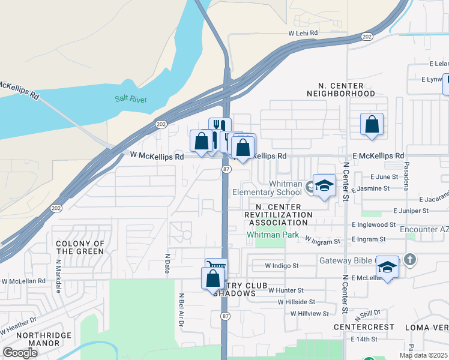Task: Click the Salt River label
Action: coord(131,99)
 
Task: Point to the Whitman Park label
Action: coord(273,235)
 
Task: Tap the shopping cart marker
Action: coord(216,267)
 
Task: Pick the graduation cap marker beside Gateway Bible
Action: coord(388,267)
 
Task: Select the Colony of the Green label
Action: coord(80,247)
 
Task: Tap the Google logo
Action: coord(20,353)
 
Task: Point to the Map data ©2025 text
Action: coord(423,355)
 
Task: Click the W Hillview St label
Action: coord(309,313)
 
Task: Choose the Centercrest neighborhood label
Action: coord(364,327)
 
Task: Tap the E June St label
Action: coord(384,176)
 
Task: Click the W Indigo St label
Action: coord(282,265)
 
